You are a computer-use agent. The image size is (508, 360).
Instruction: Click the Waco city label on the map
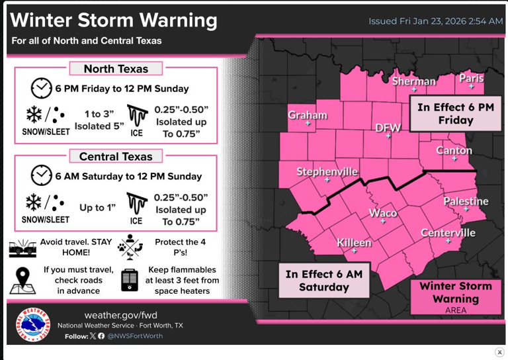coord(382,213)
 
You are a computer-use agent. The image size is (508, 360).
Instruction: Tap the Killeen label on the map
coord(354,242)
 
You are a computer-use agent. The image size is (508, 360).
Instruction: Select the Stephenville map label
coord(327,172)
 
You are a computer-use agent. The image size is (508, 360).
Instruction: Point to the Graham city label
coord(308,115)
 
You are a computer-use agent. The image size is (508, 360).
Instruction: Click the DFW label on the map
coord(388,128)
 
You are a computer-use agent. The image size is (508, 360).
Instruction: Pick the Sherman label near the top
coord(414,81)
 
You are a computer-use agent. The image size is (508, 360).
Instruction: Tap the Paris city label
coord(471,78)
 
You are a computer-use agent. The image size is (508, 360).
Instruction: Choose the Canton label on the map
coord(454,151)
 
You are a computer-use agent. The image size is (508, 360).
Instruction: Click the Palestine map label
coord(466,201)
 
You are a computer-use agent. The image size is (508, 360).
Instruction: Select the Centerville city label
coord(448,233)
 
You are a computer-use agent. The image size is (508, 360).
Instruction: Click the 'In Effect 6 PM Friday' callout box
coord(456,114)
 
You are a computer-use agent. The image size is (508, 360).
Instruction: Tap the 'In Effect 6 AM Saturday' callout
coord(323,281)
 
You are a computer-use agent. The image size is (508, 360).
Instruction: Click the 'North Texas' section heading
coord(116,69)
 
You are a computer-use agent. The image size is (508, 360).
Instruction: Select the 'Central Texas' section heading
coord(116,157)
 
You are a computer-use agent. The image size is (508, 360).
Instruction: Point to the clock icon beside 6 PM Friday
coord(41,88)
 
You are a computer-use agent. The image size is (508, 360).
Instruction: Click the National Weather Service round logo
coord(31,324)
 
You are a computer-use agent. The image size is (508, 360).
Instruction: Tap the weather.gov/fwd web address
coord(120,314)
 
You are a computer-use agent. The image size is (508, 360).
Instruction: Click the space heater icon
coord(130,280)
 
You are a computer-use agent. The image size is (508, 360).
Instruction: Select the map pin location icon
coord(23,280)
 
